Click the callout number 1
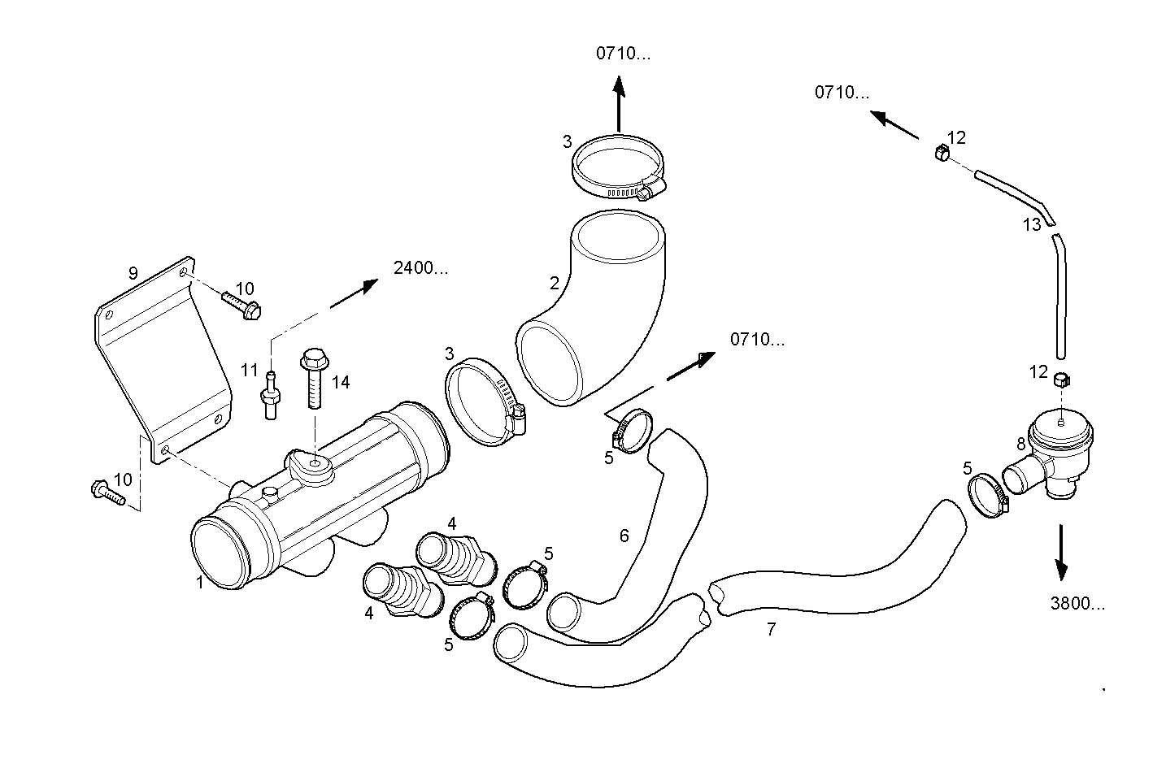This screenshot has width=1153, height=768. click(x=199, y=582)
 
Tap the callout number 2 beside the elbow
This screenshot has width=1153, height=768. click(x=555, y=283)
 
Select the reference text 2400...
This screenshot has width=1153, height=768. click(x=420, y=268)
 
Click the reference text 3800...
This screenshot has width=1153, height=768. click(x=1078, y=604)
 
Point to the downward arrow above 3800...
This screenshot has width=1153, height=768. click(x=1061, y=552)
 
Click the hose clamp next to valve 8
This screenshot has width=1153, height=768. click(x=987, y=494)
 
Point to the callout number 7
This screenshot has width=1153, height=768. click(x=771, y=628)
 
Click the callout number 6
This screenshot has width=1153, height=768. click(x=624, y=536)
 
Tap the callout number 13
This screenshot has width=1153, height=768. click(x=1031, y=225)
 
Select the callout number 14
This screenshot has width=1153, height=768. click(x=340, y=382)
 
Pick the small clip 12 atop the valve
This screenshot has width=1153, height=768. click(x=1060, y=379)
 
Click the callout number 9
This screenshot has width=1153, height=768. click(x=133, y=274)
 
